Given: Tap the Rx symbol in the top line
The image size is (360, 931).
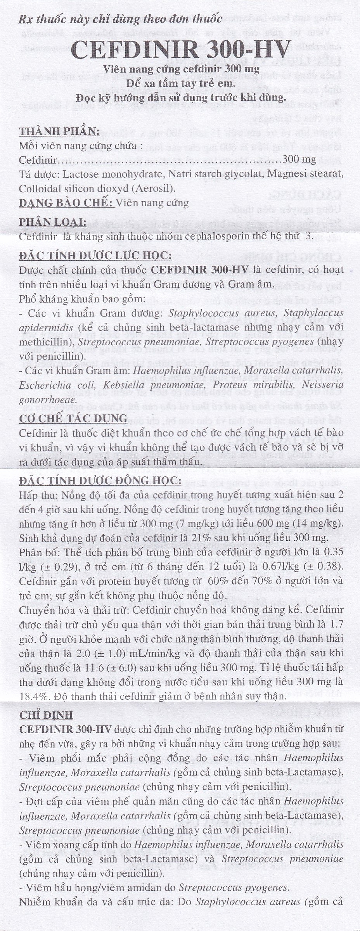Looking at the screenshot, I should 25,19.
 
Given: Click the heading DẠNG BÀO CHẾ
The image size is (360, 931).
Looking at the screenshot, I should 66,202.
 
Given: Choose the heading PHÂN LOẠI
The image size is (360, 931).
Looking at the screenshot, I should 52,222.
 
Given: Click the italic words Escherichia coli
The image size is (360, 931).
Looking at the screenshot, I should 58,385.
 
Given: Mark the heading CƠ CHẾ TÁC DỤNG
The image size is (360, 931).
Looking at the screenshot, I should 73,418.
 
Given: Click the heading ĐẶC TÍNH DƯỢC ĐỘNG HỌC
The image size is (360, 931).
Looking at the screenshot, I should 100,481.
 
